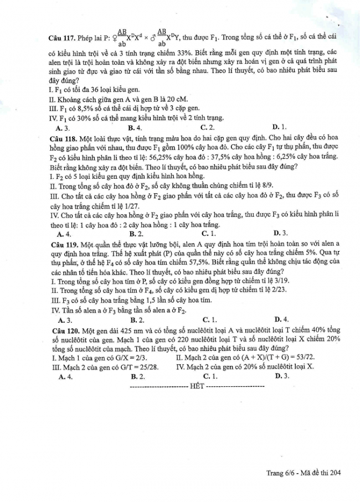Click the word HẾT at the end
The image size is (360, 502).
tap(197, 385)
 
